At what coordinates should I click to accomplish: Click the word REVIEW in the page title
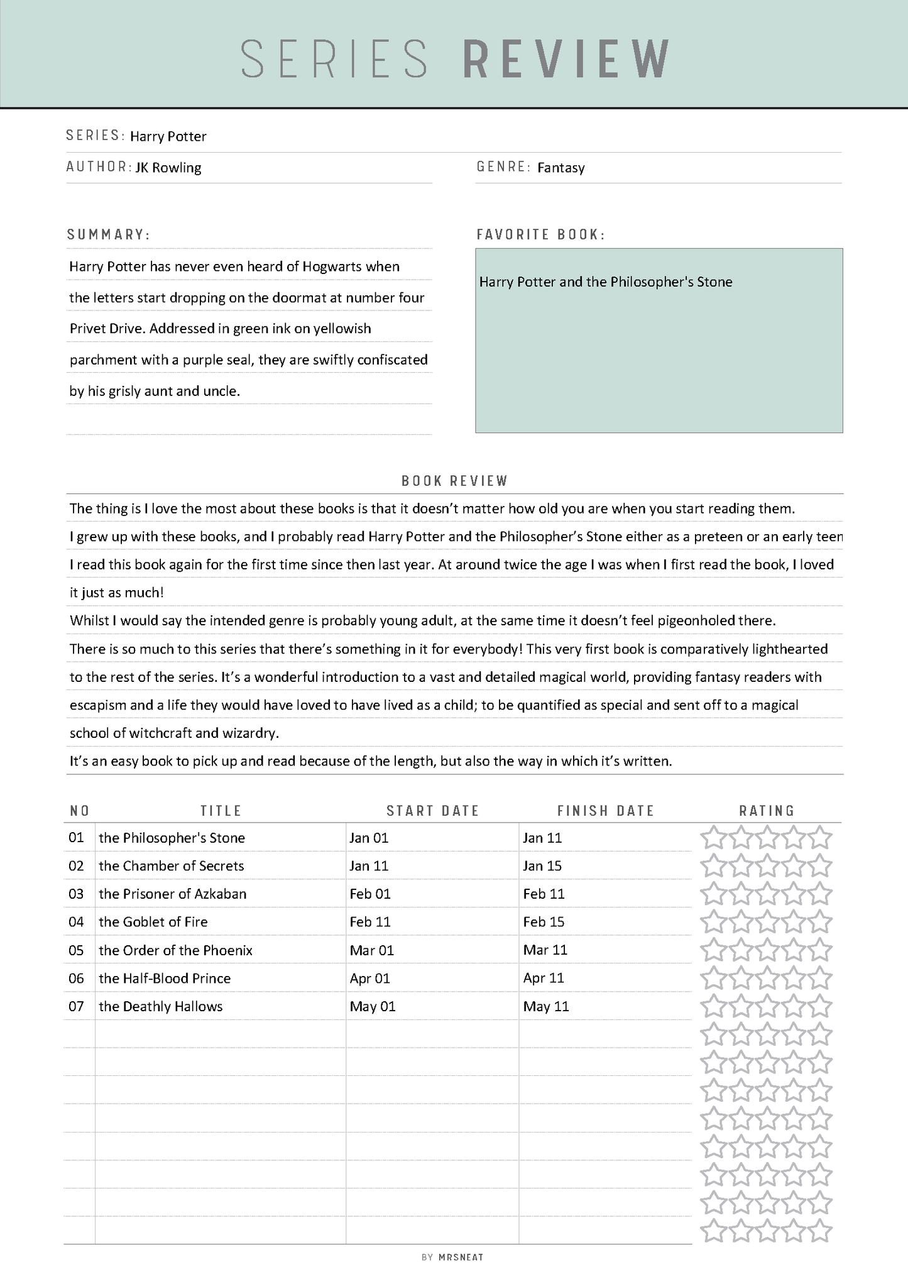(566, 58)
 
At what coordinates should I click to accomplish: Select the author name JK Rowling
(168, 168)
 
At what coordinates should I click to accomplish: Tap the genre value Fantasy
(561, 168)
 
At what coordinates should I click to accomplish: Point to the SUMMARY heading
(108, 234)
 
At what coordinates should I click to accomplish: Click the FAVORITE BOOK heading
(540, 234)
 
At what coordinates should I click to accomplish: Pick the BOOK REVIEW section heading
(454, 481)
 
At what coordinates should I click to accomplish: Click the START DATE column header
(432, 811)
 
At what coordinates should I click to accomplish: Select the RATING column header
(767, 811)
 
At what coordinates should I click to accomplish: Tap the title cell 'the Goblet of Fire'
(153, 922)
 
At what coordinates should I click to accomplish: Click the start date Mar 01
(371, 950)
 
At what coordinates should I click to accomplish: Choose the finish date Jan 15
(542, 866)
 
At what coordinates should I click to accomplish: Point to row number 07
(76, 1006)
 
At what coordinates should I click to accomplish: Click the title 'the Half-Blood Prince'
(165, 979)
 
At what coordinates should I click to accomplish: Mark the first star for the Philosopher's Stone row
(713, 838)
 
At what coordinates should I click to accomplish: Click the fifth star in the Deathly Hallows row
(820, 1006)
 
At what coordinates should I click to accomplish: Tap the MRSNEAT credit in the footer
(461, 1257)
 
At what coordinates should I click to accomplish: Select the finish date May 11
(546, 1006)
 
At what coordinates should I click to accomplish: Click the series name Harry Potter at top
(168, 136)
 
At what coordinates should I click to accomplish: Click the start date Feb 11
(370, 922)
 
